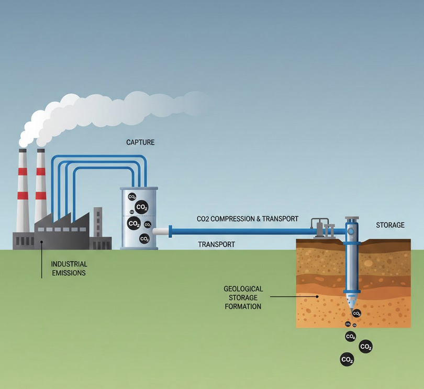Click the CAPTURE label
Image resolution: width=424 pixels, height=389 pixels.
click(x=140, y=142)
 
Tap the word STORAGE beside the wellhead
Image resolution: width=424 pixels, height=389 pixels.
click(x=390, y=225)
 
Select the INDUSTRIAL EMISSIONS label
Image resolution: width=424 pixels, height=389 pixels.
click(x=69, y=269)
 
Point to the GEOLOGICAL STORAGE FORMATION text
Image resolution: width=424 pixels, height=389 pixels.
click(x=243, y=297)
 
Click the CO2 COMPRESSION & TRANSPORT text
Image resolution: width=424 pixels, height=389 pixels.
click(x=248, y=219)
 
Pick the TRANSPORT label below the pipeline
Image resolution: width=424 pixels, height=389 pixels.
click(x=216, y=244)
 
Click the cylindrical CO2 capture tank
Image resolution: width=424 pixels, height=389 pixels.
click(x=139, y=218)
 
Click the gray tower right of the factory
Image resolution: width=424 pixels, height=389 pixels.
click(x=98, y=223)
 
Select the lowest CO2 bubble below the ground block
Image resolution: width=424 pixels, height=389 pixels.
click(x=347, y=359)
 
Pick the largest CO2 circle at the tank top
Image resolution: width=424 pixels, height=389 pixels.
click(x=141, y=207)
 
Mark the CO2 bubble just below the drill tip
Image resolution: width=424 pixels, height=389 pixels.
click(x=357, y=314)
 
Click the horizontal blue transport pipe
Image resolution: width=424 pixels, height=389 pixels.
click(x=241, y=230)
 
